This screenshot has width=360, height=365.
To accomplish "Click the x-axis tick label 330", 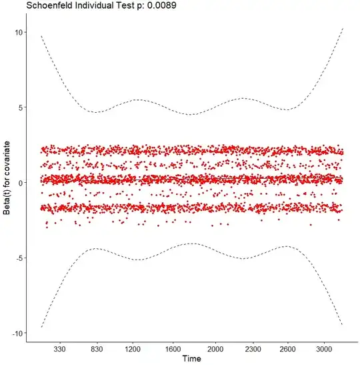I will (59, 348).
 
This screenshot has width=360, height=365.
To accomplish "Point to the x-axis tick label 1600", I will (175, 348).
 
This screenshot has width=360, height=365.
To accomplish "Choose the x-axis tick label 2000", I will (215, 348).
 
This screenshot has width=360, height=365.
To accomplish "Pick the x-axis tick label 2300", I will (252, 348).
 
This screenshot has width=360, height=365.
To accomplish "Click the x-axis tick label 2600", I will (287, 348).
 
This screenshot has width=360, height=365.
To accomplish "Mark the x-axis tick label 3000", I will (324, 348).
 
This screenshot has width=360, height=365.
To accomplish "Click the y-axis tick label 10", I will (20, 32).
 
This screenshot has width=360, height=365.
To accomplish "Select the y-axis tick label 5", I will (22, 107).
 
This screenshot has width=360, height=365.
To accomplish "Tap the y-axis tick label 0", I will (22, 183).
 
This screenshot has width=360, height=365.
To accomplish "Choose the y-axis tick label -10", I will (19, 333).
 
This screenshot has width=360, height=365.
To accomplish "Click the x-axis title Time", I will (192, 360).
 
